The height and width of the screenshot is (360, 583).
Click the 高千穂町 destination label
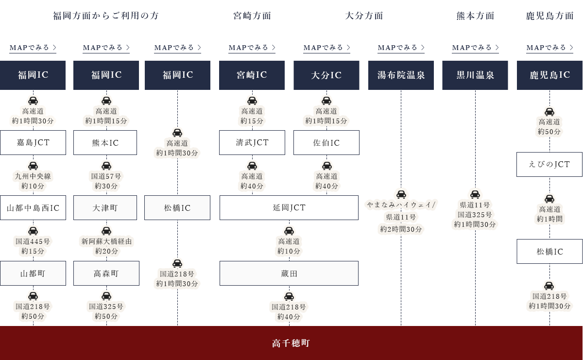pos(291,343)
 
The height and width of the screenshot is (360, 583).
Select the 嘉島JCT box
pos(33,142)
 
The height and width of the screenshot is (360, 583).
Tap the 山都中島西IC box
pos(33,208)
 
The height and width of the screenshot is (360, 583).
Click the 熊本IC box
pos(105,142)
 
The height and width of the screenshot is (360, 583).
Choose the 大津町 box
pos(105,208)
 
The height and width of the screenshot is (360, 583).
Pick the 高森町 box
pos(106,274)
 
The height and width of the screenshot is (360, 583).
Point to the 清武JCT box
pos(252,142)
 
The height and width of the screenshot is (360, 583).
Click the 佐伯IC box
pos(326,142)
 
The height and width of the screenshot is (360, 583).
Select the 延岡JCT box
pos(289,208)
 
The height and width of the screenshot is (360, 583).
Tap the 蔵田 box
pos(289,274)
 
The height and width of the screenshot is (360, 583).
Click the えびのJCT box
pos(549,164)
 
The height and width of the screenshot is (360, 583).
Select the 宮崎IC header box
pos(252,75)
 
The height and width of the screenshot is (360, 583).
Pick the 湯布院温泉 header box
pos(401,75)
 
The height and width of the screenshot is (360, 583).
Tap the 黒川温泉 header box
pos(475,75)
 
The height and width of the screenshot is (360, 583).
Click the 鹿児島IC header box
pos(550,75)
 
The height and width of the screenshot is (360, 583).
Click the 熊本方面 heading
pos(475,16)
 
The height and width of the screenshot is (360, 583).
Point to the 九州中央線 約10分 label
pos(33,181)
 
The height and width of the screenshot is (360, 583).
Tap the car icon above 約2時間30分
pos(401,194)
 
